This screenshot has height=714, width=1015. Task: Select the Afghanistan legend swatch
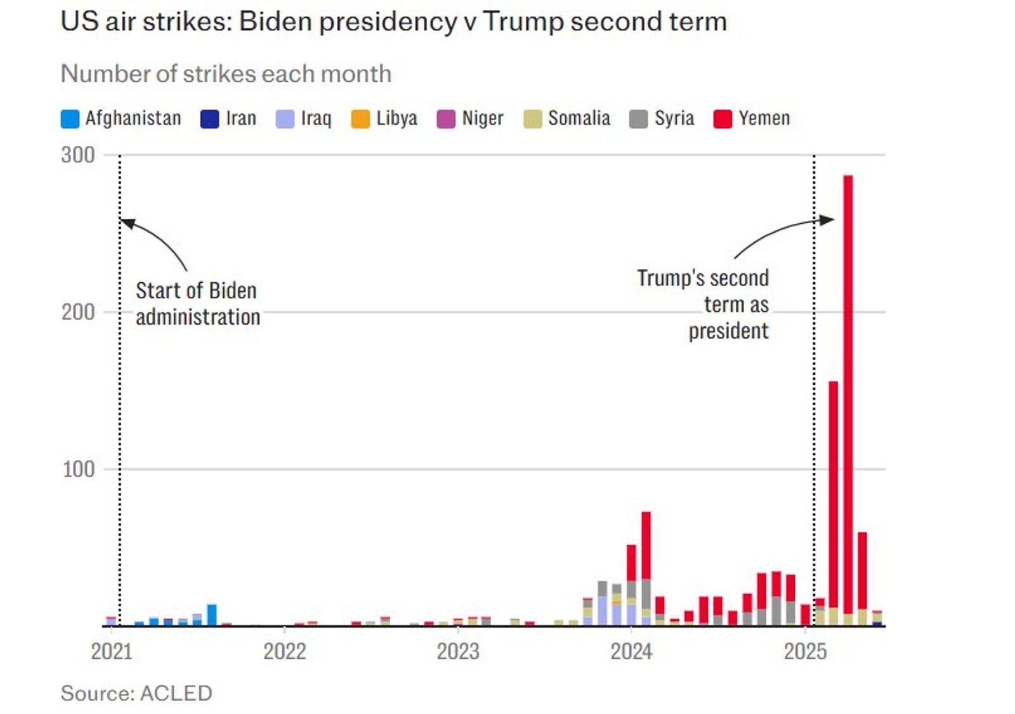pyautogui.click(x=70, y=119)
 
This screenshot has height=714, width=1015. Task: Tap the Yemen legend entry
pyautogui.click(x=752, y=119)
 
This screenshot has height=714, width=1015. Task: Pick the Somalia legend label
pyautogui.click(x=579, y=119)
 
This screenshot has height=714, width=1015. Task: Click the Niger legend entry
pyautogui.click(x=470, y=119)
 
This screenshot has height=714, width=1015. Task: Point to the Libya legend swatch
pyautogui.click(x=360, y=119)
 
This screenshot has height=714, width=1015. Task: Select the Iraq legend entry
pyautogui.click(x=304, y=119)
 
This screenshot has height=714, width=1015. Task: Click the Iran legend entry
pyautogui.click(x=228, y=119)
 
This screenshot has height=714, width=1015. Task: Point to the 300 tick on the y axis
pyautogui.click(x=78, y=155)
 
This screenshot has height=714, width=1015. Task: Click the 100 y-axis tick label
pyautogui.click(x=78, y=470)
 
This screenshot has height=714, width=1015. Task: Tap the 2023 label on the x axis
pyautogui.click(x=458, y=651)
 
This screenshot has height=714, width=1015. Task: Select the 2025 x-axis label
pyautogui.click(x=805, y=651)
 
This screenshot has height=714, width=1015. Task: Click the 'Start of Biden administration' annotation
pyautogui.click(x=197, y=304)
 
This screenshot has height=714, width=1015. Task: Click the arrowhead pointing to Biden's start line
pyautogui.click(x=127, y=223)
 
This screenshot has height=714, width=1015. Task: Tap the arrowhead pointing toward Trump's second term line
pyautogui.click(x=827, y=220)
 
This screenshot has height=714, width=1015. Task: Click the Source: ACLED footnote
pyautogui.click(x=136, y=693)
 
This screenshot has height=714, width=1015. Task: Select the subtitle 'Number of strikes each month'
pyautogui.click(x=226, y=74)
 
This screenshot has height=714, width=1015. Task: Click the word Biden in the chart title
pyautogui.click(x=275, y=22)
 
